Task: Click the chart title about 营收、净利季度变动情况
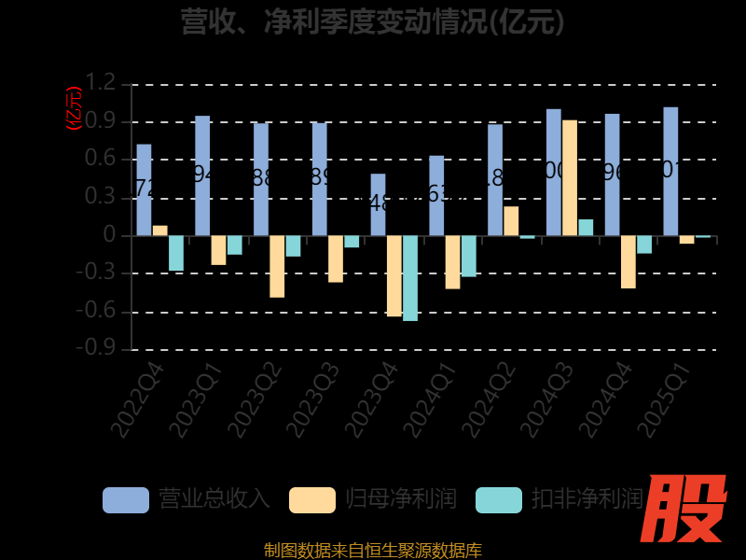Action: (373, 21)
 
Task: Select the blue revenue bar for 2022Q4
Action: (144, 189)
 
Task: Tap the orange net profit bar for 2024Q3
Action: (570, 177)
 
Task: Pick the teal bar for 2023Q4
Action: (410, 278)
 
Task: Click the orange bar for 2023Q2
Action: (277, 266)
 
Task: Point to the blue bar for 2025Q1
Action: (670, 171)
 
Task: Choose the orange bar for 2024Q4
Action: (629, 261)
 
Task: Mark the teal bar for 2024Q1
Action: (469, 256)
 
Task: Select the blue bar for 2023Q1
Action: (202, 175)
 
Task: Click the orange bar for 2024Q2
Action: (511, 221)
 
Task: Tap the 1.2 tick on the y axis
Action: (103, 84)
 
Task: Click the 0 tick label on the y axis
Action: (110, 235)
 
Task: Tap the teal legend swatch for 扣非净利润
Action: (499, 500)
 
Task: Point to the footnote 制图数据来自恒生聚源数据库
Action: (373, 550)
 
